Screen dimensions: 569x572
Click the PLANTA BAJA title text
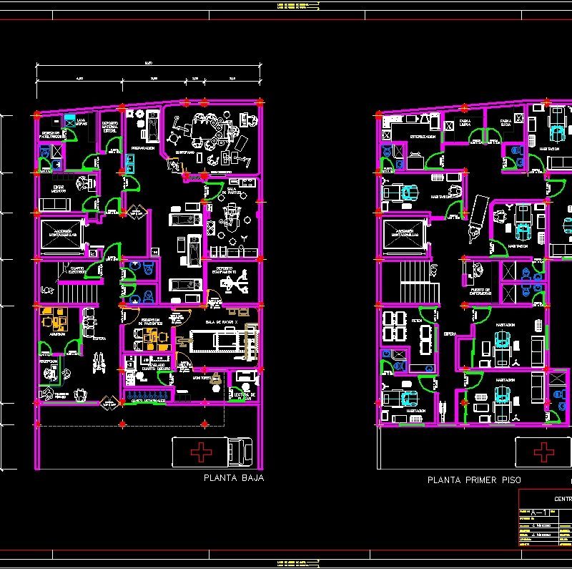234,478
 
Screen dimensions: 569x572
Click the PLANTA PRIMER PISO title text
474,480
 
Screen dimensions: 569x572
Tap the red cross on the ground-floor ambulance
204,452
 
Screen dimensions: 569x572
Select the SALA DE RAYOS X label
221,324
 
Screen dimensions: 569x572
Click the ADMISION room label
58,334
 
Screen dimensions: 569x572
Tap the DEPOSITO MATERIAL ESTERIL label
110,127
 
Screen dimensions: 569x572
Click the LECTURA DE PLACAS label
243,395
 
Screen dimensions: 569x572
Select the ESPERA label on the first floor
450,334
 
